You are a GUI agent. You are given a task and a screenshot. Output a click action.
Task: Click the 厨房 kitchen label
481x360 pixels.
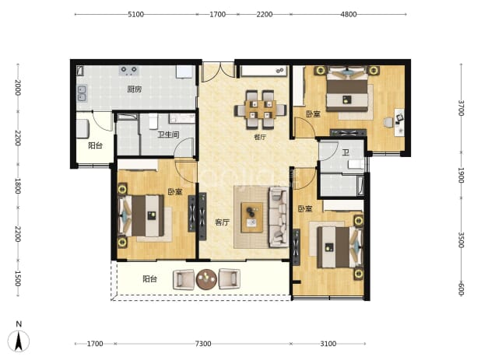(135, 89)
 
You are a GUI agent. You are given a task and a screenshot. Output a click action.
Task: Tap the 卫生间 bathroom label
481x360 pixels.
(168, 135)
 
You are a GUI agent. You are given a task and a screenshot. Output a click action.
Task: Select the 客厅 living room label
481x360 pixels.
(222, 222)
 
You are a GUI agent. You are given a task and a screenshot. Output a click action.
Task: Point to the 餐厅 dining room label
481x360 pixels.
(260, 137)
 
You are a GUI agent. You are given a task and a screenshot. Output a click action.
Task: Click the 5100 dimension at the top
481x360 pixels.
(135, 15)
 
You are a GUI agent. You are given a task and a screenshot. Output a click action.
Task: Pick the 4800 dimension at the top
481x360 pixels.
(349, 15)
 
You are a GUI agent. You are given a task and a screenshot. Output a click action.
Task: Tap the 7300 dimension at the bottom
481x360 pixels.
(203, 344)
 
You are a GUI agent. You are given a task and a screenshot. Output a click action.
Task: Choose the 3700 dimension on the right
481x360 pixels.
(461, 108)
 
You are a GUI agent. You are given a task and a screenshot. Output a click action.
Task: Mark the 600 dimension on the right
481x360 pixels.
(461, 289)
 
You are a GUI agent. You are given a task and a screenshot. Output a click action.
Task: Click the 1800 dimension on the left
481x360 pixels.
(18, 186)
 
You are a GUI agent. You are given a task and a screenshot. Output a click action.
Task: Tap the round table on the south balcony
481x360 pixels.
(206, 279)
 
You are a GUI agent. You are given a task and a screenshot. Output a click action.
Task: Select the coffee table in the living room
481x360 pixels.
(252, 217)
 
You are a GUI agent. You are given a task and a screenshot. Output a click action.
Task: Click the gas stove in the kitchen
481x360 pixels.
(128, 71)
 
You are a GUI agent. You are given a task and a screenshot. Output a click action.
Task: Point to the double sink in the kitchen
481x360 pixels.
(82, 93)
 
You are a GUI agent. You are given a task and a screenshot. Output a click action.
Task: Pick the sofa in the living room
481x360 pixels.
(279, 217)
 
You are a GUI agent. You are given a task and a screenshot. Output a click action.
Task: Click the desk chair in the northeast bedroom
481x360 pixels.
(388, 122)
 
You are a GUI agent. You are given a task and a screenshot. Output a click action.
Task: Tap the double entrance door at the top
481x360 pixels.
(218, 72)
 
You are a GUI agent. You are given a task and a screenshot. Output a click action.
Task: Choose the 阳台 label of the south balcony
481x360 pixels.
(150, 279)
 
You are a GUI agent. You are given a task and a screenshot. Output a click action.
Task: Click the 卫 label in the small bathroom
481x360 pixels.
(346, 152)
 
